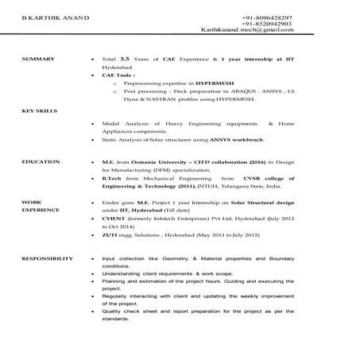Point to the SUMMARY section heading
(38, 60)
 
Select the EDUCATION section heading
(41, 161)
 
